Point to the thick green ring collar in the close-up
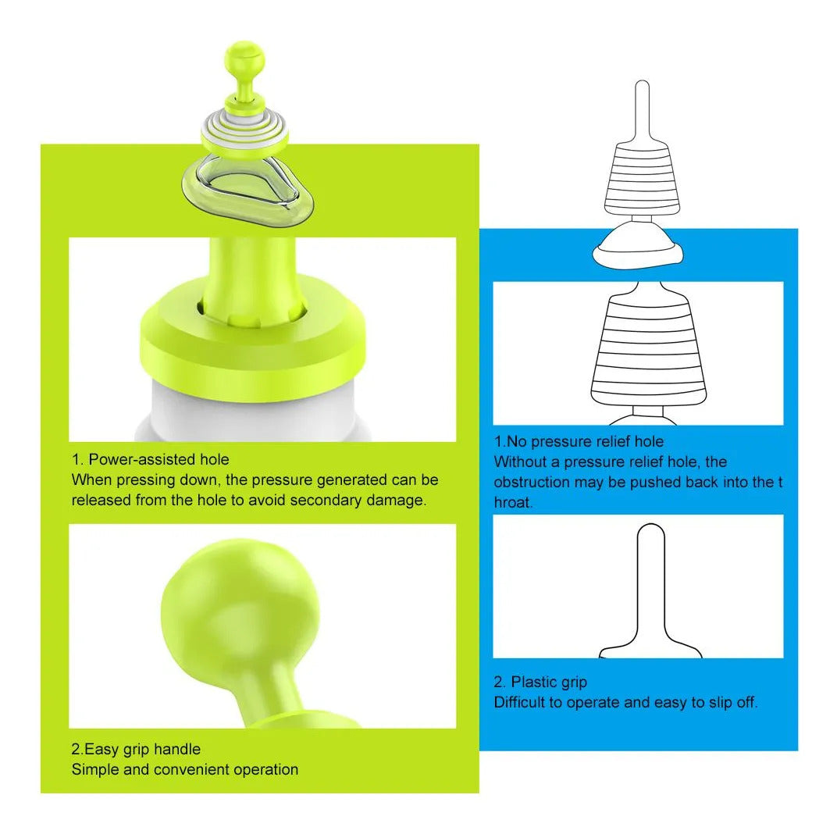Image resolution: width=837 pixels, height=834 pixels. [x=253, y=347]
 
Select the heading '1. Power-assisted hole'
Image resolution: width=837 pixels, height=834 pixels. [x=151, y=459]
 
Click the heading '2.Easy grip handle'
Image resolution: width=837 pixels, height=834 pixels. [x=136, y=749]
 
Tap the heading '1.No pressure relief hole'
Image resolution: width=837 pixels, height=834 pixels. [x=579, y=441]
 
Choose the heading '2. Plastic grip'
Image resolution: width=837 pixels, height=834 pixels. [x=540, y=682]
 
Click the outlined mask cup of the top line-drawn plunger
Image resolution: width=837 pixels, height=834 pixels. [x=638, y=246]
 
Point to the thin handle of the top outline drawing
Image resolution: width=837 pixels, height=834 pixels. [x=642, y=112]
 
